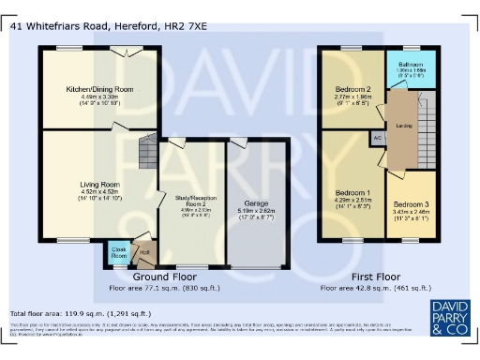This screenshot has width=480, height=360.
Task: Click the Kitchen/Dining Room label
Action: point(98,89)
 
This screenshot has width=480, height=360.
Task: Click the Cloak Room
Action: point(120,253)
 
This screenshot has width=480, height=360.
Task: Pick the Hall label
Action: point(144,251)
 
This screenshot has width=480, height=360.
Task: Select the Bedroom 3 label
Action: point(412,203)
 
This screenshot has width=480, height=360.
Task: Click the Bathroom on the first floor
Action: point(411,65)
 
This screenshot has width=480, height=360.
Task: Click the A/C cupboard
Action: point(377,138)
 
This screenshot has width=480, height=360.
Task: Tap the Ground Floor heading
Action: point(165,277)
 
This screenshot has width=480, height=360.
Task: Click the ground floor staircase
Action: point(148,150)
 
